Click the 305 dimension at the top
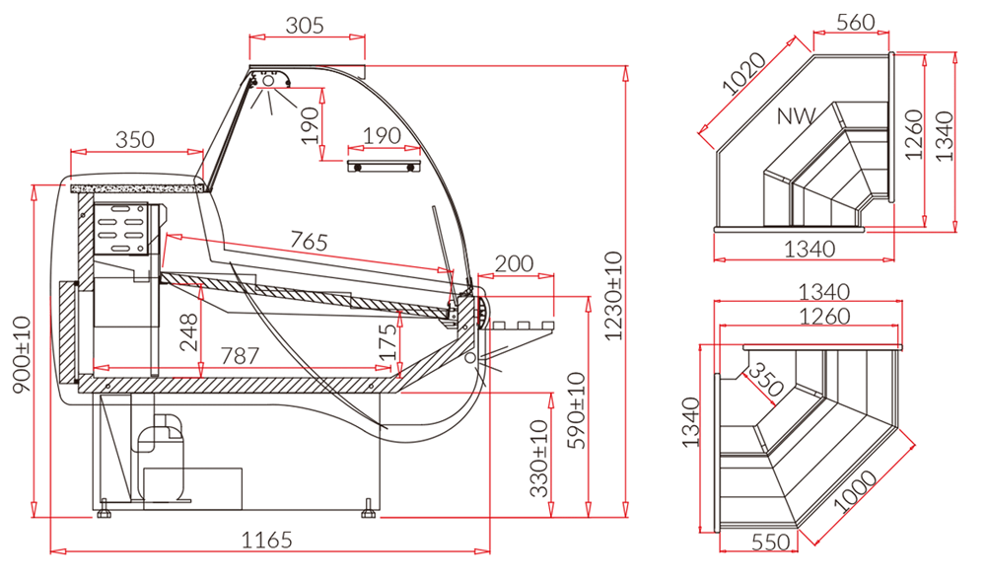tap(305, 26)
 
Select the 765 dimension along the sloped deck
tap(309, 241)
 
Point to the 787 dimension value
tap(240, 356)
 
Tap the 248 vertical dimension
tap(188, 332)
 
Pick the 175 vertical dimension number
tap(388, 342)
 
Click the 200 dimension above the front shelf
tap(514, 263)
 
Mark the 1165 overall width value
tap(267, 540)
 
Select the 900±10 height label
tap(22, 354)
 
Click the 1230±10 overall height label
tap(613, 296)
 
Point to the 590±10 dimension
tap(576, 410)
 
